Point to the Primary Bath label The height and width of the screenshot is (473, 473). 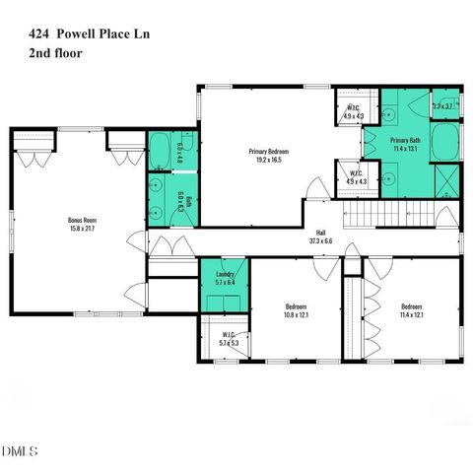(x=406, y=141)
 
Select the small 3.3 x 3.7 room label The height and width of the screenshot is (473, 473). (x=442, y=105)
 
